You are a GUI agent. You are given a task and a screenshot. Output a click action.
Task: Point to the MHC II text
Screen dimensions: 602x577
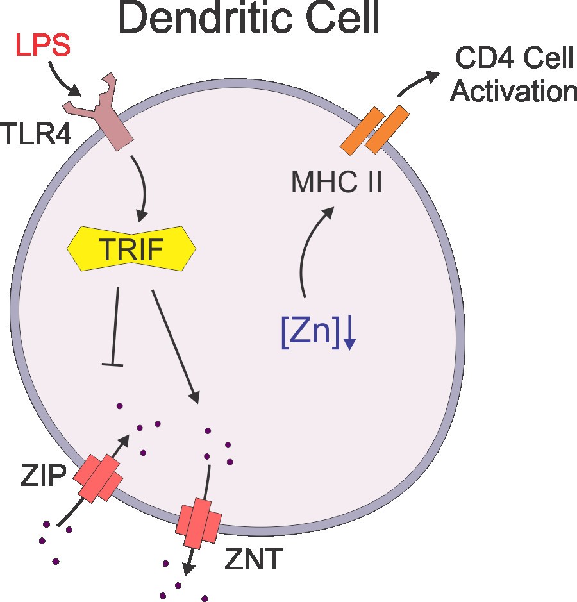tap(337, 183)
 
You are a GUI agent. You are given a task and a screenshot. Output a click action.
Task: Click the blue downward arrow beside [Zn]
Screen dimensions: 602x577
tap(349, 336)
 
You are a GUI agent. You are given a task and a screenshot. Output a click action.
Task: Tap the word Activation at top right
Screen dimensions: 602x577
tap(514, 90)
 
